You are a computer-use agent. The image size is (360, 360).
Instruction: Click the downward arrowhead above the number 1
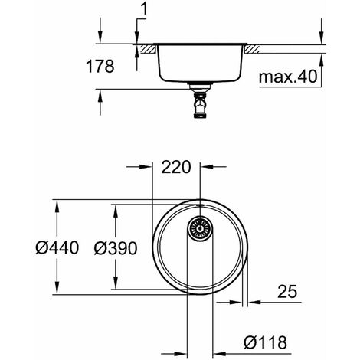(136, 39)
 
